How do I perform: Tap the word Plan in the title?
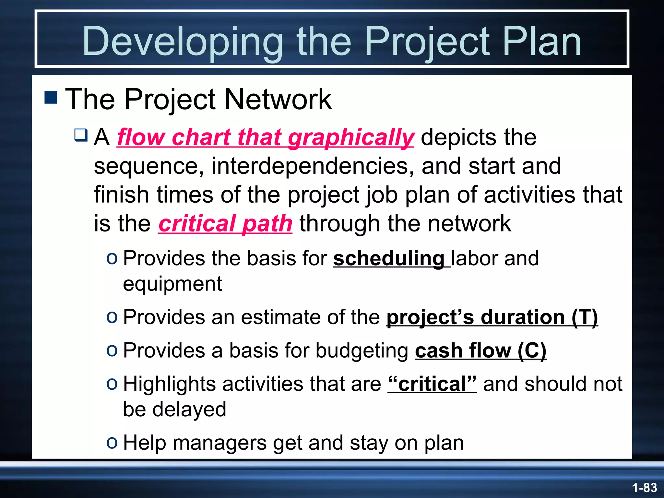click(542, 41)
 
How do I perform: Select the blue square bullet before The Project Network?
click(51, 97)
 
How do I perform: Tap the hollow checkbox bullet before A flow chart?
click(81, 135)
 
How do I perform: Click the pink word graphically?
click(350, 137)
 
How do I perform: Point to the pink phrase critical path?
click(225, 224)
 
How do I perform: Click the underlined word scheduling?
click(388, 259)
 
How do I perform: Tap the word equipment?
click(172, 284)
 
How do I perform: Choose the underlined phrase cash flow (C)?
click(480, 351)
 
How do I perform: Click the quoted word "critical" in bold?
click(432, 384)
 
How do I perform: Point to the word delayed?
click(189, 409)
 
